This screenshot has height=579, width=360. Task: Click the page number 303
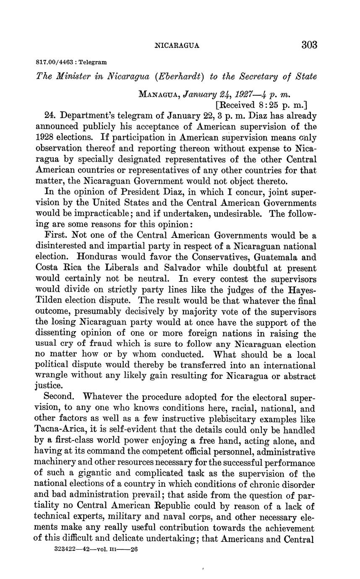tap(309, 45)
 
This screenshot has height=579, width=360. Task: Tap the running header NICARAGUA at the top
tap(177, 45)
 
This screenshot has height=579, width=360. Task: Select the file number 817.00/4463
tap(53, 62)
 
